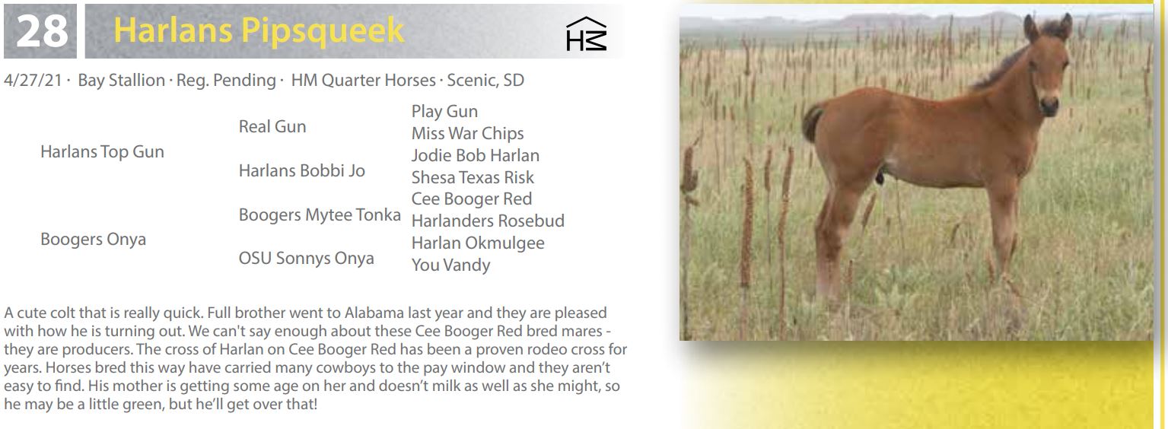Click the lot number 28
point(42,30)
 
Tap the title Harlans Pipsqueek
point(259,30)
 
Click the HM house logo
point(586,34)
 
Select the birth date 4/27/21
point(33,81)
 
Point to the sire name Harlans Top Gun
point(102,151)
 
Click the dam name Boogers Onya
point(94,240)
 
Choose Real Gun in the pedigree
point(272,127)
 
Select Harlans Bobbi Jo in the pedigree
point(302,171)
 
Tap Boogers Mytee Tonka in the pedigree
point(320,215)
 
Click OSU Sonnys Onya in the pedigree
point(306,259)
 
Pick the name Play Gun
point(444,112)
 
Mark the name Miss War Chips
point(468,133)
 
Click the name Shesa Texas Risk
point(473,178)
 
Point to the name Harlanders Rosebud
point(488,221)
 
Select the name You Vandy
point(450,265)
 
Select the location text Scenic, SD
point(485,81)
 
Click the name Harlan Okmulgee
point(478,243)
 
